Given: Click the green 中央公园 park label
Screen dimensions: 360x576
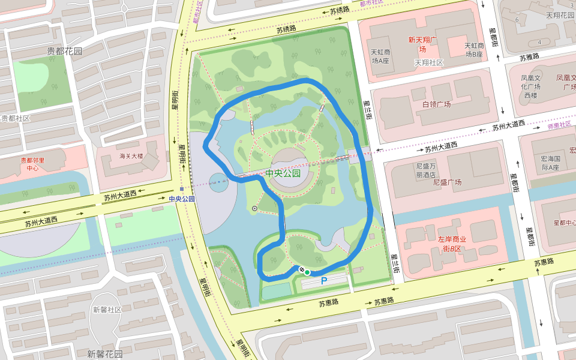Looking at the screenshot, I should [283, 173].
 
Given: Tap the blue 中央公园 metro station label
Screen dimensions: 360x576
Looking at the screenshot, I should [182, 199].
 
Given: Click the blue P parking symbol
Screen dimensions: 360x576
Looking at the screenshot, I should [324, 280].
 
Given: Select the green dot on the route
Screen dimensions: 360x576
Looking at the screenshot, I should [307, 272].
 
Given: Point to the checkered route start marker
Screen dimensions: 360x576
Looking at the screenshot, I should [302, 269].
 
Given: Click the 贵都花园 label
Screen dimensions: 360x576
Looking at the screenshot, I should [64, 51].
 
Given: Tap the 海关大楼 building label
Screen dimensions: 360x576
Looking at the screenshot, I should [131, 156].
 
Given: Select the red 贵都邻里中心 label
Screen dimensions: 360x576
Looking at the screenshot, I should [34, 164].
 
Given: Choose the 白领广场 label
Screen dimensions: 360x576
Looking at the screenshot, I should [436, 104].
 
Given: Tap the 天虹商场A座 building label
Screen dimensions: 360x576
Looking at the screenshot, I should [380, 56].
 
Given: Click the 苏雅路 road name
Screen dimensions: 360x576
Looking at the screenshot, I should [529, 58].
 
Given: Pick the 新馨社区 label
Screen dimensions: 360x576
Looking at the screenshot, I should [107, 310].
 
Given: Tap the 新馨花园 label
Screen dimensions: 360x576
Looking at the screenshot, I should [104, 353].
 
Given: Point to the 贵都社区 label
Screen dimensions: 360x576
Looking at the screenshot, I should [15, 118].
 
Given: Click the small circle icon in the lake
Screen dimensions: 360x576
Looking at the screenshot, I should [255, 208].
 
